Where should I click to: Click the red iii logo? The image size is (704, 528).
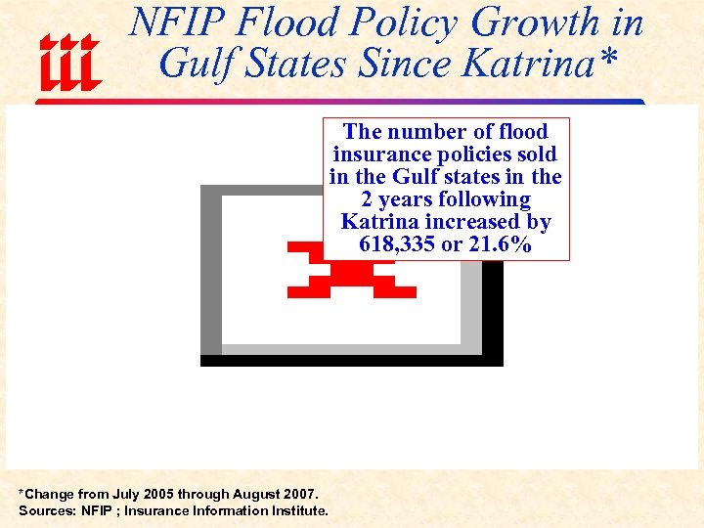(69, 61)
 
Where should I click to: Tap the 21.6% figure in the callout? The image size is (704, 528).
(501, 244)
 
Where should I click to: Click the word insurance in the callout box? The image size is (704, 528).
(380, 154)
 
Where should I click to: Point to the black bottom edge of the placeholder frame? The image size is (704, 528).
(352, 360)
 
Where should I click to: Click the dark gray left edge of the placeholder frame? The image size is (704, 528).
(210, 274)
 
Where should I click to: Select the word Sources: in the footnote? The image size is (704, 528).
(45, 510)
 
